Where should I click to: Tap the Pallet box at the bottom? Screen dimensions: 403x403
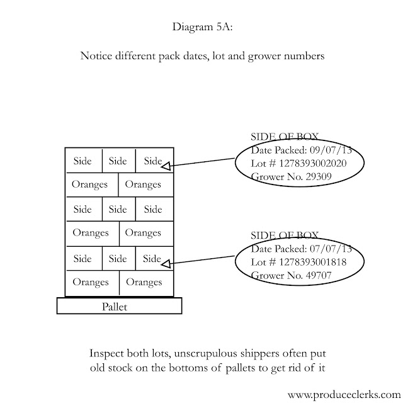coord(119,306)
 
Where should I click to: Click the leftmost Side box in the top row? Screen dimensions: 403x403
coord(82,161)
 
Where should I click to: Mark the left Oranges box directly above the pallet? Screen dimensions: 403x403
coord(91,282)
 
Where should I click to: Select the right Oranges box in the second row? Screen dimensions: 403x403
coord(144,184)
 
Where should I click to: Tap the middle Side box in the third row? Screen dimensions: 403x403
coord(118,209)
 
